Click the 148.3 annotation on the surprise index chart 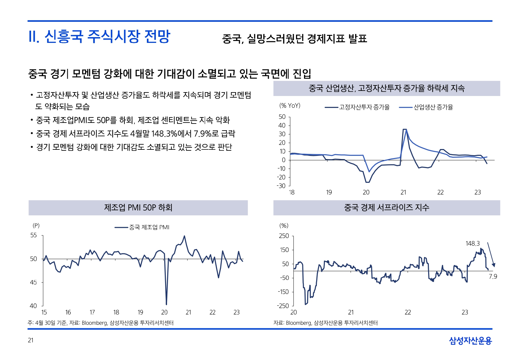tap(472, 244)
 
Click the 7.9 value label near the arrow tap(493, 276)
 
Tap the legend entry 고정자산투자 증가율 tap(364, 107)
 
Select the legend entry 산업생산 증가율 tap(433, 107)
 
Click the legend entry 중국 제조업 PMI tap(149, 227)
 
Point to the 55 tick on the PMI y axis tap(34, 235)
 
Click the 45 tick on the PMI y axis tap(34, 282)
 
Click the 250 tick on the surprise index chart tap(284, 236)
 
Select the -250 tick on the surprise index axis tap(283, 306)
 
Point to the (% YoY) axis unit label tap(290, 106)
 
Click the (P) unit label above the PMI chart tap(36, 226)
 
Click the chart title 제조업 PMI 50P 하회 tap(138, 208)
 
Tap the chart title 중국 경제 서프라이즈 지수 tap(387, 208)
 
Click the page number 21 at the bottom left tap(31, 340)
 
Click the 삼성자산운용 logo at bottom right tap(470, 341)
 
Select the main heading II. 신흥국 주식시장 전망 tap(100, 36)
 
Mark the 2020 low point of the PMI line tap(166, 304)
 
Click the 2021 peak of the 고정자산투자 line tap(404, 129)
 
